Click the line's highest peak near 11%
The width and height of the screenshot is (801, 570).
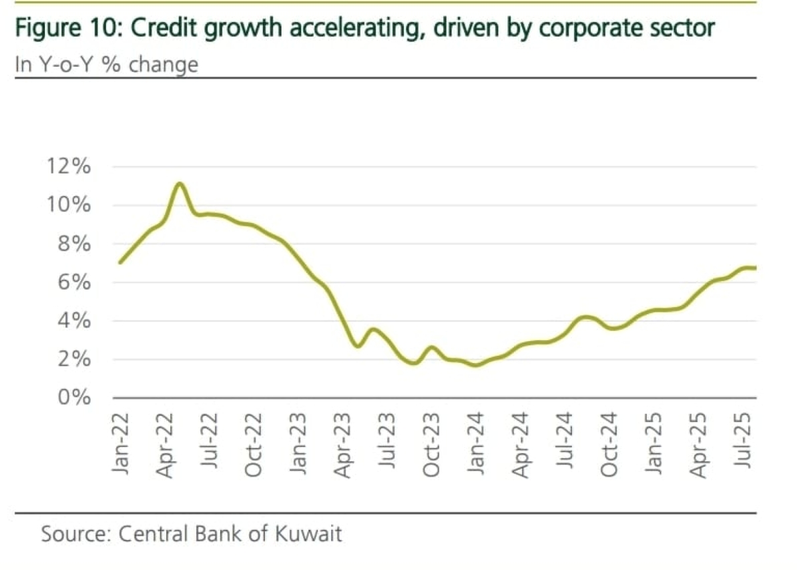pos(179,184)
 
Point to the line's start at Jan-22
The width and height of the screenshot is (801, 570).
pos(120,262)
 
